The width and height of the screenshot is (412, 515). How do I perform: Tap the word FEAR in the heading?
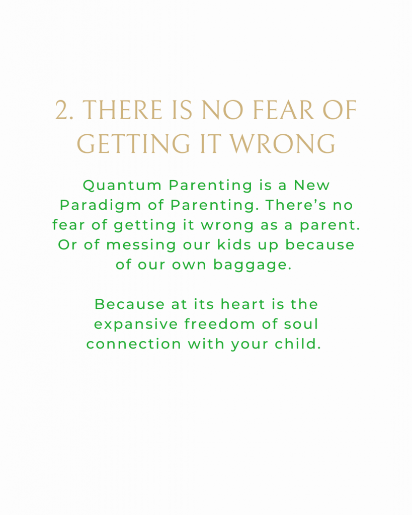(x=283, y=110)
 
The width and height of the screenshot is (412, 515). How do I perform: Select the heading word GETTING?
(x=133, y=144)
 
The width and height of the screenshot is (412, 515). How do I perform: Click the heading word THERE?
(x=122, y=110)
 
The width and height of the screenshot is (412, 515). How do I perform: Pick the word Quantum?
(x=122, y=186)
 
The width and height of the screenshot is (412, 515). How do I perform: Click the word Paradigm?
(x=100, y=206)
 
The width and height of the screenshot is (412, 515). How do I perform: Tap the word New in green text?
(x=311, y=185)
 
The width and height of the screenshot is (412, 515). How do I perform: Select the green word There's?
(x=296, y=205)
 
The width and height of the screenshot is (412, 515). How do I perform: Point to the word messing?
(x=141, y=245)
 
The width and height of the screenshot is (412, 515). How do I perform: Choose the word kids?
(x=234, y=245)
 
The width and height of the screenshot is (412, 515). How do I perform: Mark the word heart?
(x=243, y=304)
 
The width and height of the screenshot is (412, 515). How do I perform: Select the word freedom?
(x=219, y=324)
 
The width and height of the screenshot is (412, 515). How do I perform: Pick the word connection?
(x=133, y=344)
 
